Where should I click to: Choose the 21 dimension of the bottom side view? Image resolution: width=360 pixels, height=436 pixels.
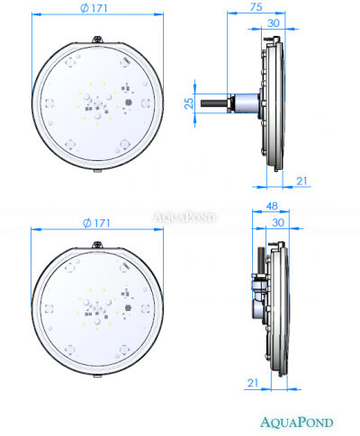coord(251,382)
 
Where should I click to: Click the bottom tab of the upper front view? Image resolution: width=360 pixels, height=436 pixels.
coord(96,169)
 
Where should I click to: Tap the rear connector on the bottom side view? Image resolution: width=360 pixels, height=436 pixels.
coord(255,286)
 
